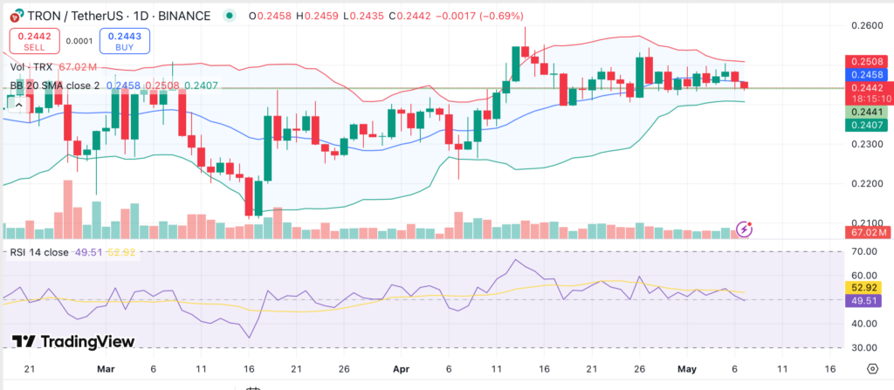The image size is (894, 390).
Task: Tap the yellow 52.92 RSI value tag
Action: [866, 287]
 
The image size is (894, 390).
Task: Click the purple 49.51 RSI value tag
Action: [866, 300]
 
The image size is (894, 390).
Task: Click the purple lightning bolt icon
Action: [745, 229]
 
